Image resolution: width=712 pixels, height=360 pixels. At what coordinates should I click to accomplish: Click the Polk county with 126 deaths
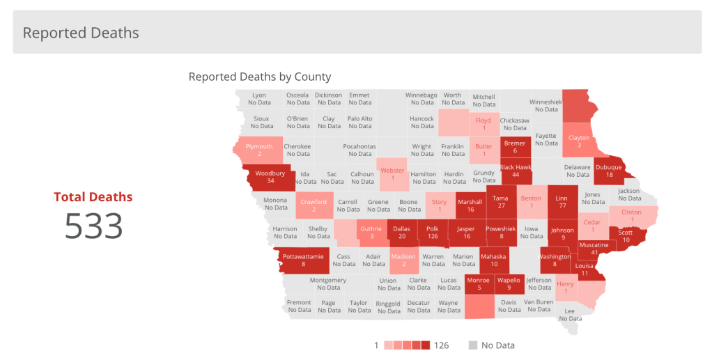[433, 232]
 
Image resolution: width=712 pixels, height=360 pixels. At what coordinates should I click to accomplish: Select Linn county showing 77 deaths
[562, 202]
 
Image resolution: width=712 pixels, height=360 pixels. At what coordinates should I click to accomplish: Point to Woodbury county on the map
[270, 177]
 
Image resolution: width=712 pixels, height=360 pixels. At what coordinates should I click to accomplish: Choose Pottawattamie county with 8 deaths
[303, 260]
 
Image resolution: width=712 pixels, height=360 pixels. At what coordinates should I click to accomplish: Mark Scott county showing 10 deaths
[626, 236]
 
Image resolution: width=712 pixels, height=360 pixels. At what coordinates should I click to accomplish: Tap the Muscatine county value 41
[594, 252]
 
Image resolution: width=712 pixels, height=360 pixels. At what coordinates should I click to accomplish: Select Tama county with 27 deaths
[500, 202]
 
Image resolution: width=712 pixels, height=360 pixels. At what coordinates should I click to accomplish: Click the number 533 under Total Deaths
[93, 226]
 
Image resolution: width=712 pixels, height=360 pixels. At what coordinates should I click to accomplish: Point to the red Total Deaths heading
[93, 197]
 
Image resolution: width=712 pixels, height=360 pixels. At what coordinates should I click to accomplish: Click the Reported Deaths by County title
[260, 77]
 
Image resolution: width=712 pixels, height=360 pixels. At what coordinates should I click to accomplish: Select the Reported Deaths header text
[81, 33]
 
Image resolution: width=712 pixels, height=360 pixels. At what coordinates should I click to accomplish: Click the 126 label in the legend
[442, 345]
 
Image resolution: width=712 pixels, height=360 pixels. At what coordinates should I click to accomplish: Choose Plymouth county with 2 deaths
[259, 150]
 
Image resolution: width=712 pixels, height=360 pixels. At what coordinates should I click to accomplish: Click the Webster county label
[392, 174]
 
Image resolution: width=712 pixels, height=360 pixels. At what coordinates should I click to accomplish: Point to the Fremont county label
[300, 306]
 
